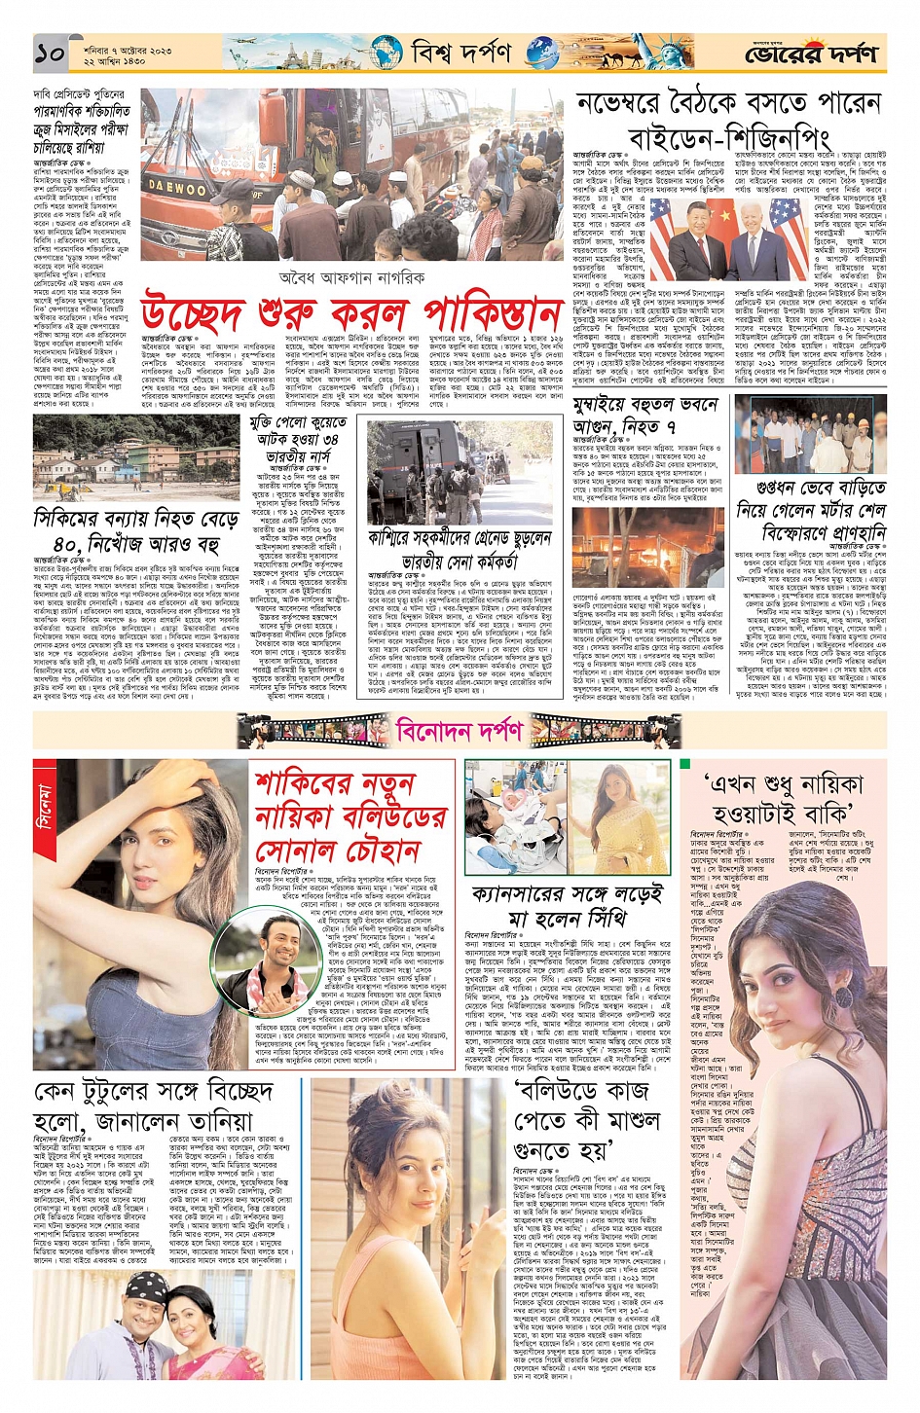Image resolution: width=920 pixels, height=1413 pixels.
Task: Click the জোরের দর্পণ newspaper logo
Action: (x=811, y=54)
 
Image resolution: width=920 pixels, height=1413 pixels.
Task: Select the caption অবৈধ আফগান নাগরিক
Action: (x=351, y=277)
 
